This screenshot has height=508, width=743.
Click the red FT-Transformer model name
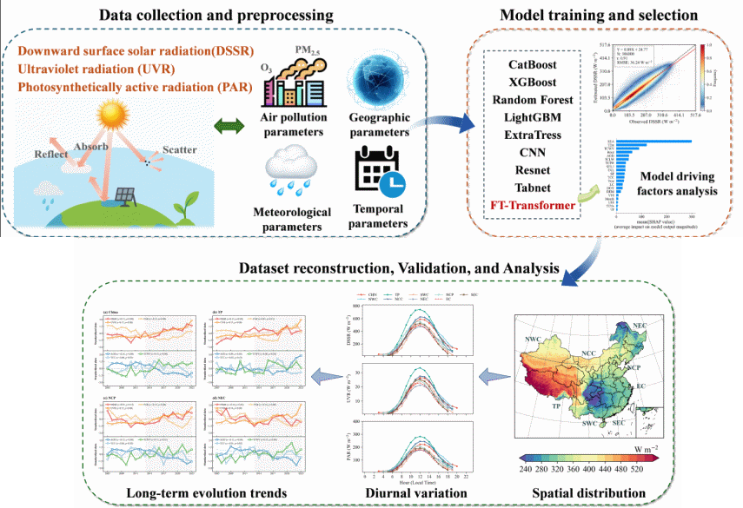coord(532,206)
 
